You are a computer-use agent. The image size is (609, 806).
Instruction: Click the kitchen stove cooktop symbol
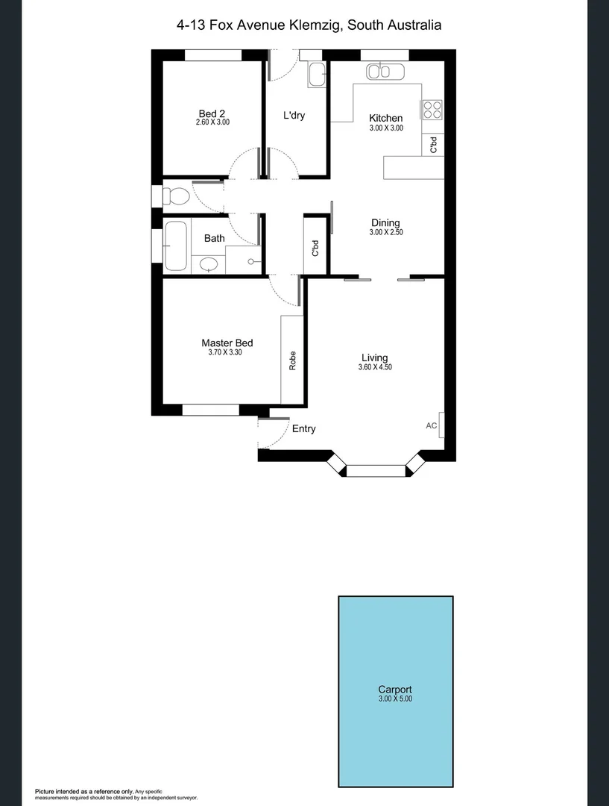click(432, 110)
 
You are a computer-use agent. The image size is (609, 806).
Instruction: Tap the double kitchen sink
click(384, 72)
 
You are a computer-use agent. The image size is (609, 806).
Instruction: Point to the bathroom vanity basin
click(209, 264)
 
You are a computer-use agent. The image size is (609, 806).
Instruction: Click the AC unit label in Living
click(431, 425)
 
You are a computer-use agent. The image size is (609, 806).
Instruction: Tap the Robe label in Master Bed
click(292, 360)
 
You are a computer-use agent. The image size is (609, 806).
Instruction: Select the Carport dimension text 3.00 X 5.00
click(395, 699)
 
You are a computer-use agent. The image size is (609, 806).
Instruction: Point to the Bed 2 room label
click(212, 113)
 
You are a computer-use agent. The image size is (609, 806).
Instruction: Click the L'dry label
click(294, 116)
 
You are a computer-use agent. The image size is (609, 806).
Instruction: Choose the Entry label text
click(303, 429)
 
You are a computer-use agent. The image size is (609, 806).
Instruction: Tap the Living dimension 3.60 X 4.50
click(375, 367)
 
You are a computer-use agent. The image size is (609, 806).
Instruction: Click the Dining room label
click(385, 222)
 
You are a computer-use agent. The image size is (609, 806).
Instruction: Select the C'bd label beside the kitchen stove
click(434, 146)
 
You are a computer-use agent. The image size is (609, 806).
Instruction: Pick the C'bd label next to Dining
click(315, 248)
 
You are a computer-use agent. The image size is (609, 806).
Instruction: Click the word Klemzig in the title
click(312, 25)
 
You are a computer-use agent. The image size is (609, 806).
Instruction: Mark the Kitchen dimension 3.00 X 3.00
click(386, 128)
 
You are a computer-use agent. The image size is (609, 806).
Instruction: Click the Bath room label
click(215, 239)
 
